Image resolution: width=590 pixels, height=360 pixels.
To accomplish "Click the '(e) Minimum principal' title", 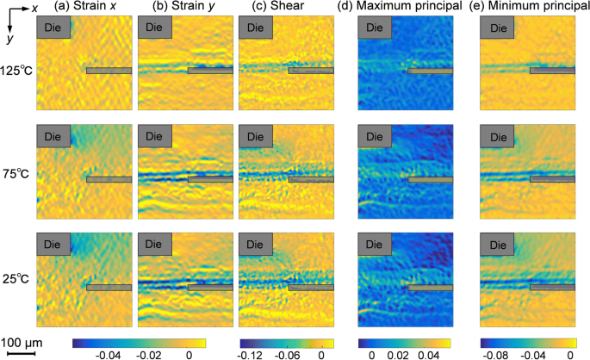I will coord(531,8).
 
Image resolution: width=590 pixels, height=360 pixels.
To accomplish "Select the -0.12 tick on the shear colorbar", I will coord(251,353).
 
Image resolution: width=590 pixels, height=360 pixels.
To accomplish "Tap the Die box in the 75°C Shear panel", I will coord(255,136).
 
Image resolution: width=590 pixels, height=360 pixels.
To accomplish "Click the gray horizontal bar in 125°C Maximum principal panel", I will coord(429,71).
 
